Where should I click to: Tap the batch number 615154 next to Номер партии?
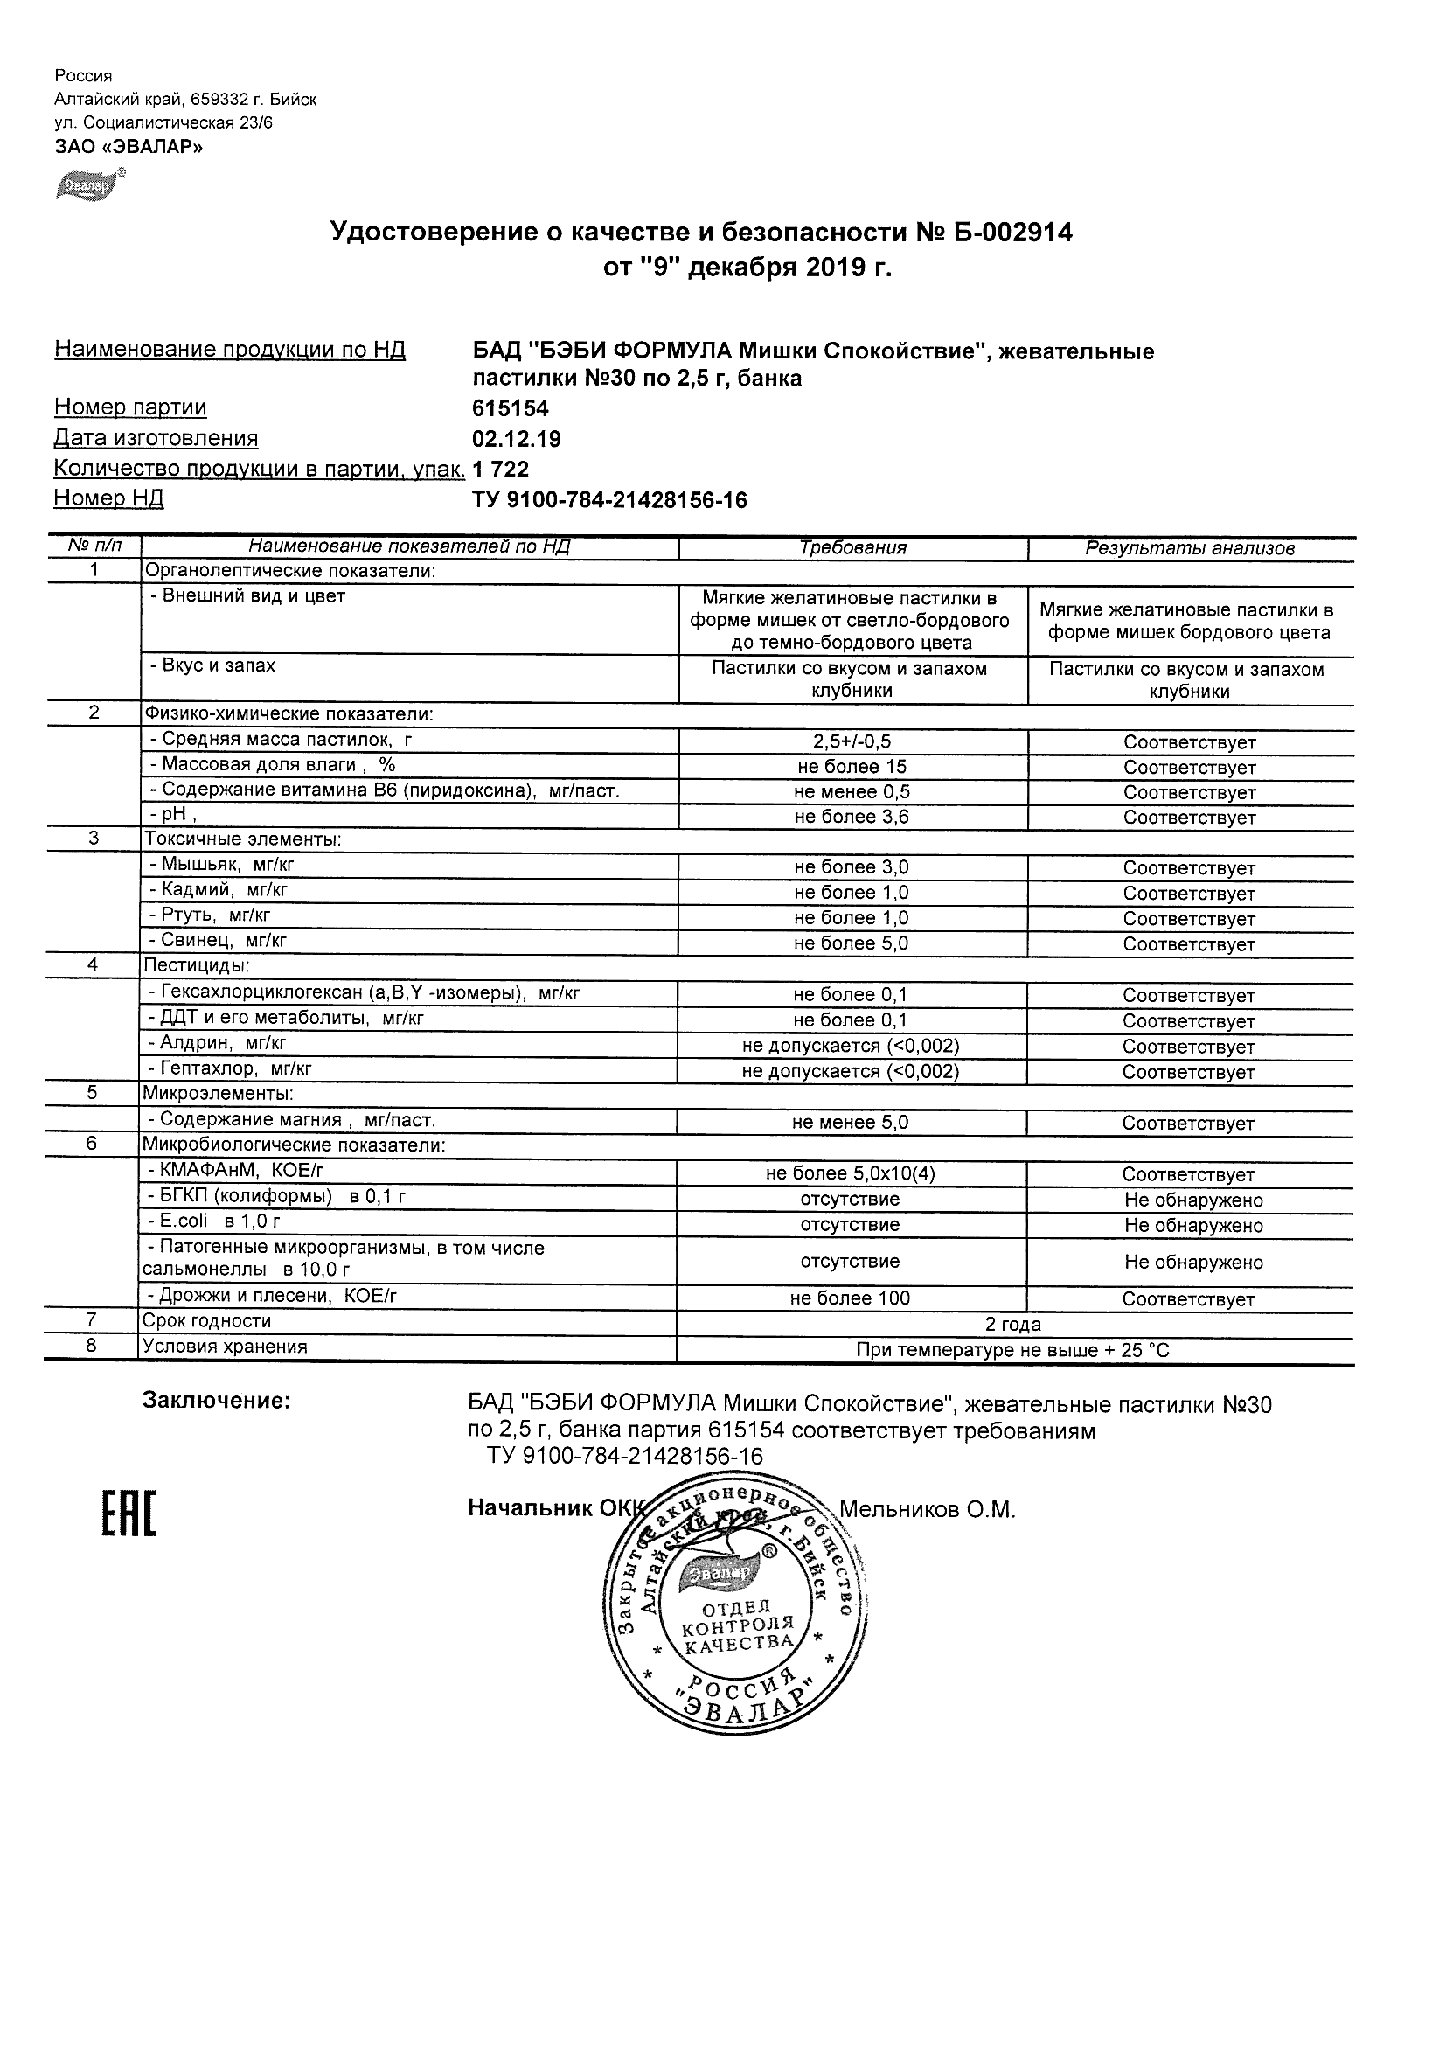coord(511,409)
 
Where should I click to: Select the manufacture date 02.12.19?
coord(517,439)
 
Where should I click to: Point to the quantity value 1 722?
coord(501,470)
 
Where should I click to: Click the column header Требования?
coord(852,548)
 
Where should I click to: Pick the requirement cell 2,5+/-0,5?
coord(852,741)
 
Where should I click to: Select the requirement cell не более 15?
coord(851,766)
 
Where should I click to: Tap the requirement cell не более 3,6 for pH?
coord(851,818)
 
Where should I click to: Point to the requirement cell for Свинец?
coord(851,943)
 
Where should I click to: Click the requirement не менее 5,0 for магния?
coord(850,1123)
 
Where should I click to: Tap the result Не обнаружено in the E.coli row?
coord(1193,1226)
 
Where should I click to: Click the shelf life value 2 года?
coord(1014,1324)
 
